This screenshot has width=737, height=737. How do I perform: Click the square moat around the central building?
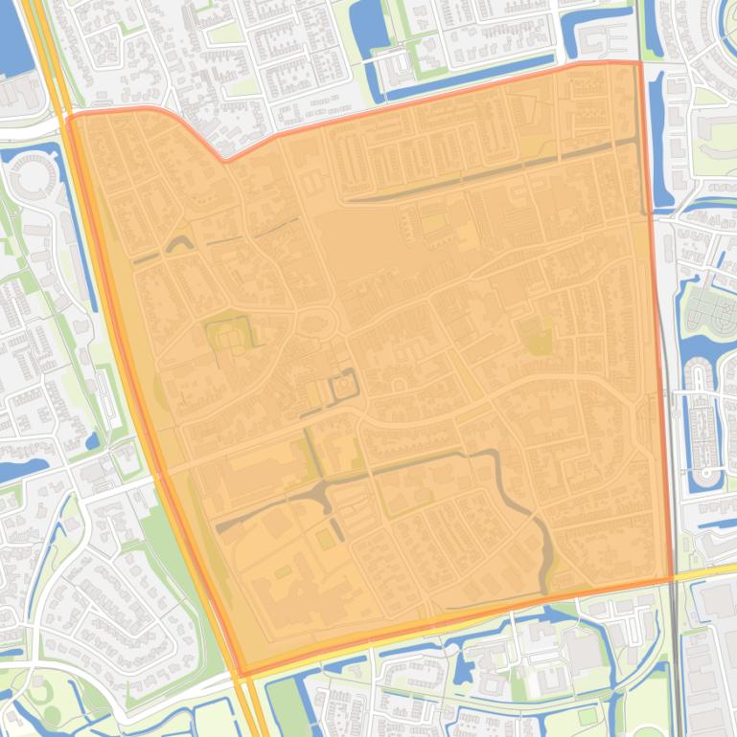(342, 389)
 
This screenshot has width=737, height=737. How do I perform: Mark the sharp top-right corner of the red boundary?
(639, 63)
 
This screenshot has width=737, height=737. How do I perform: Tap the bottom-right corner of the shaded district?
(669, 580)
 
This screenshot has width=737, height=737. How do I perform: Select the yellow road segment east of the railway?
(709, 570)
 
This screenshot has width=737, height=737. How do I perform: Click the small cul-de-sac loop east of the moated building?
(398, 385)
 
